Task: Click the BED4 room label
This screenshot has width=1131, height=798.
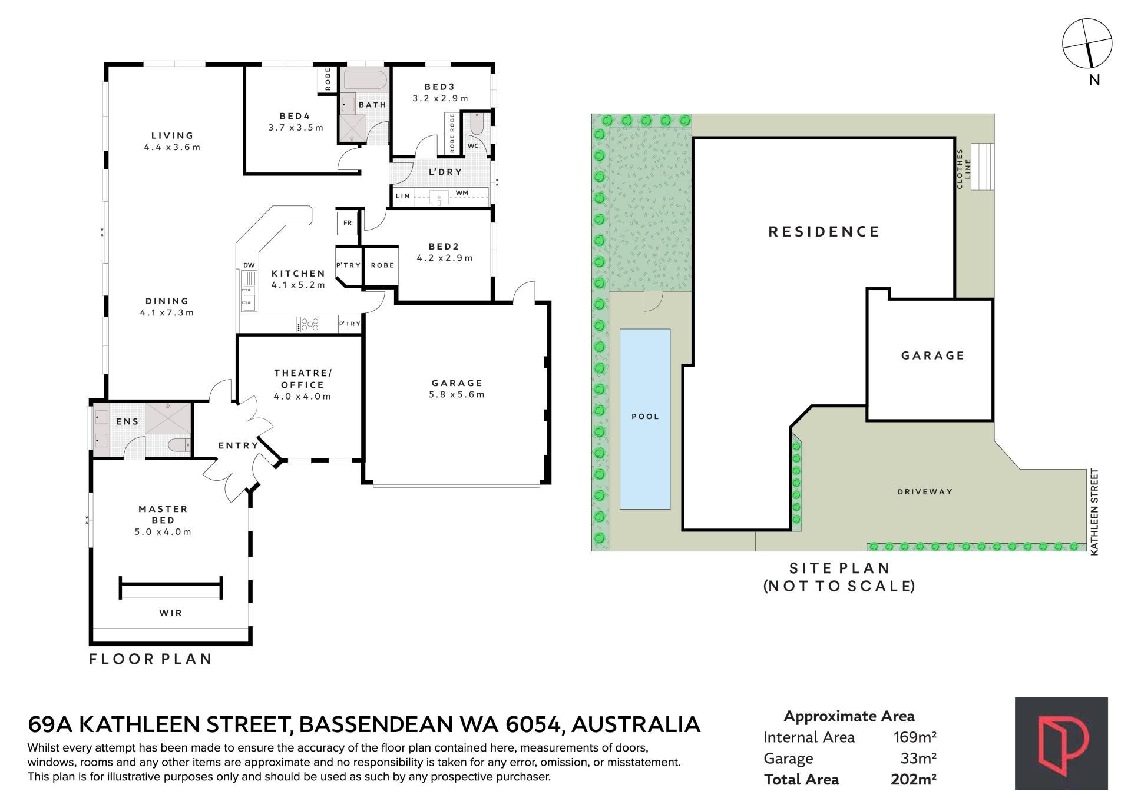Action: [295, 116]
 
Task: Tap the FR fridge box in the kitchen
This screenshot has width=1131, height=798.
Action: [348, 223]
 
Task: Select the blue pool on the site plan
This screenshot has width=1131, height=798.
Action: [645, 419]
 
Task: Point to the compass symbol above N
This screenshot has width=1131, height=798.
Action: [1087, 43]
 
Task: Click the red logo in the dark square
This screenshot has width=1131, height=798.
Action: [1061, 744]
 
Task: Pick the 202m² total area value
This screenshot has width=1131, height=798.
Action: [914, 779]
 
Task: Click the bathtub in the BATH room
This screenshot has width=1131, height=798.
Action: [365, 80]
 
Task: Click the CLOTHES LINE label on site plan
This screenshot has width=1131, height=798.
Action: [964, 169]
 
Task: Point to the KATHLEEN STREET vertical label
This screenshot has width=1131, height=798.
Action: [1094, 511]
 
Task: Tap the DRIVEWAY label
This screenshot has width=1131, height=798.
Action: [925, 491]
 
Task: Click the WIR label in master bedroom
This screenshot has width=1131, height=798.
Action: [171, 613]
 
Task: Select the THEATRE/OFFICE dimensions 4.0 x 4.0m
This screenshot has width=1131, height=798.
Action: [302, 397]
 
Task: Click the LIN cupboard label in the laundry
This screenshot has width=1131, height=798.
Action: [403, 196]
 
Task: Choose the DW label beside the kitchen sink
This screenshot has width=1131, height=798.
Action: [249, 265]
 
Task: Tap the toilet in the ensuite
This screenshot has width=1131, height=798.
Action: [177, 445]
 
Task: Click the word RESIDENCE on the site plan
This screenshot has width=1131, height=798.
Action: [824, 231]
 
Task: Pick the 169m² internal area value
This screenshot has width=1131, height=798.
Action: [915, 737]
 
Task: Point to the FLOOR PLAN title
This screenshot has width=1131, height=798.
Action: [150, 659]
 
